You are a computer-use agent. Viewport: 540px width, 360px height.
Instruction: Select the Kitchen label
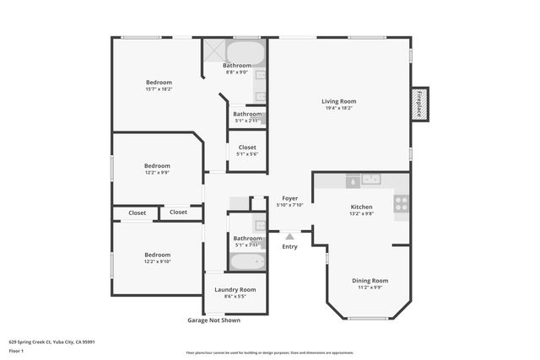pyautogui.click(x=361, y=207)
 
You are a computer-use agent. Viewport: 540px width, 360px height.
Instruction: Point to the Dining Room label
pyautogui.click(x=370, y=281)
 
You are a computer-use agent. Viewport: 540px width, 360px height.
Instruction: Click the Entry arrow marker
pyautogui.click(x=289, y=237)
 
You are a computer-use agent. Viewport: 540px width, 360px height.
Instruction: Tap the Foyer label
pyautogui.click(x=290, y=198)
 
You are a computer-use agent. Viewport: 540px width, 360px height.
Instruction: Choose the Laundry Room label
pyautogui.click(x=229, y=289)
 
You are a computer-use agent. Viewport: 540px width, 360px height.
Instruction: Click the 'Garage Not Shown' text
pyautogui.click(x=213, y=320)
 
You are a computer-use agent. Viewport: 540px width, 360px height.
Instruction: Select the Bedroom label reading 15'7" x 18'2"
pyautogui.click(x=159, y=83)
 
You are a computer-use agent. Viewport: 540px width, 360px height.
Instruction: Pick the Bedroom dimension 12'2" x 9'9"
pyautogui.click(x=157, y=173)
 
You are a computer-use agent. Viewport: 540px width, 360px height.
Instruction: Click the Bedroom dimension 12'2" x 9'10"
pyautogui.click(x=157, y=261)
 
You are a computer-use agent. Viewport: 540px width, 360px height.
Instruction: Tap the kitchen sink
pyautogui.click(x=371, y=179)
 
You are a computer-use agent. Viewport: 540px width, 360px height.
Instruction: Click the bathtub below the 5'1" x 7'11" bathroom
pyautogui.click(x=247, y=261)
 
